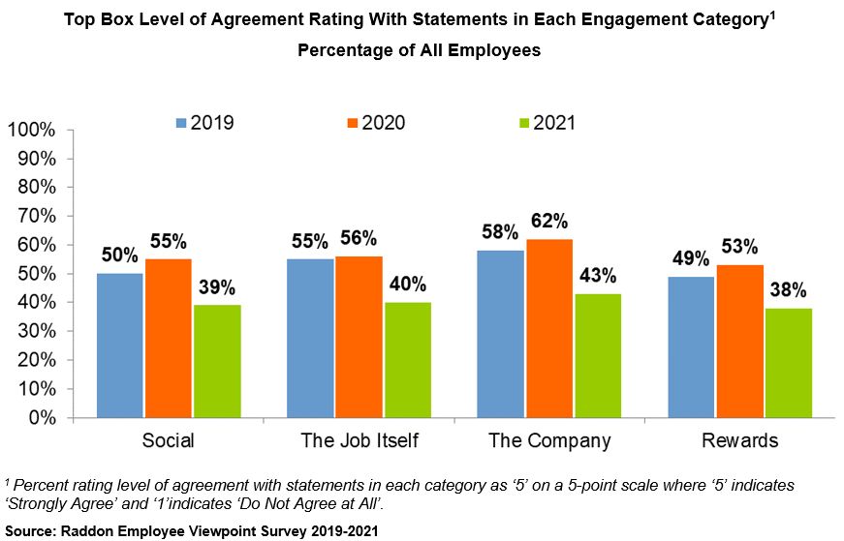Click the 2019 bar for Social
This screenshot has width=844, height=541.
120,346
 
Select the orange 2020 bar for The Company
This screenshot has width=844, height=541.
548,328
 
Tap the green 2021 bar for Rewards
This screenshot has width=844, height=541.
788,363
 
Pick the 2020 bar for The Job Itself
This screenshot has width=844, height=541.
359,337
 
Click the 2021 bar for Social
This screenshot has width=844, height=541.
216,361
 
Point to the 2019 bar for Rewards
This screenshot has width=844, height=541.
693,347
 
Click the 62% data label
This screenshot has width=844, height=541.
548,222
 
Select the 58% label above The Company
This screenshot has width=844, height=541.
501,233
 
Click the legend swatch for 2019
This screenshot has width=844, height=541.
181,123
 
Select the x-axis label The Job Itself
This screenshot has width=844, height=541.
359,441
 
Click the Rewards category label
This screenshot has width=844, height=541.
740,441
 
